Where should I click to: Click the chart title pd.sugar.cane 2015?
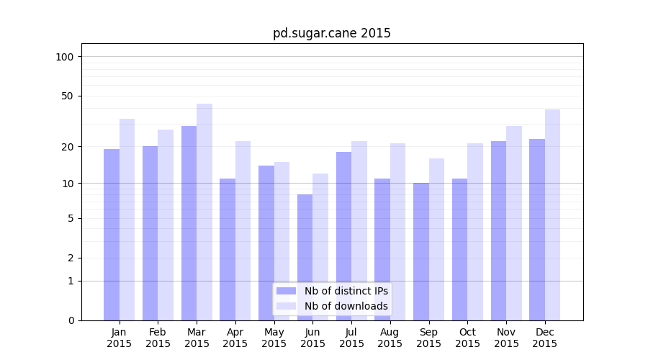coord(331,33)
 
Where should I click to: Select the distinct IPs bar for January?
coord(112,234)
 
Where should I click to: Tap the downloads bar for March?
coord(204,212)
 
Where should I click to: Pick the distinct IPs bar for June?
coord(305,257)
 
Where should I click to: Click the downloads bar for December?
coord(553,215)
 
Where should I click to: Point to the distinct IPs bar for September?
coord(421,251)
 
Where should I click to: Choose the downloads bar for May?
coord(282,240)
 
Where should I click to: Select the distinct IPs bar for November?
coord(499,230)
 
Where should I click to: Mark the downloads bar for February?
coord(166,225)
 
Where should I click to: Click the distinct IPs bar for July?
coord(344,235)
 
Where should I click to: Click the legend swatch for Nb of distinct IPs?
coord(286,291)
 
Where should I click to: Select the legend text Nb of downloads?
coord(346,306)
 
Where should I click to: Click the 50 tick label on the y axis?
coord(68,96)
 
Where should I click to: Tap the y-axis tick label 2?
coord(71,258)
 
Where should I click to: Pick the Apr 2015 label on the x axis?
coord(235,338)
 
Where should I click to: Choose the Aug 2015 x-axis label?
coord(390,338)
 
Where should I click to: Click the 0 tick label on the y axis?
coord(71,320)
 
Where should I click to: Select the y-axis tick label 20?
coord(68,147)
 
